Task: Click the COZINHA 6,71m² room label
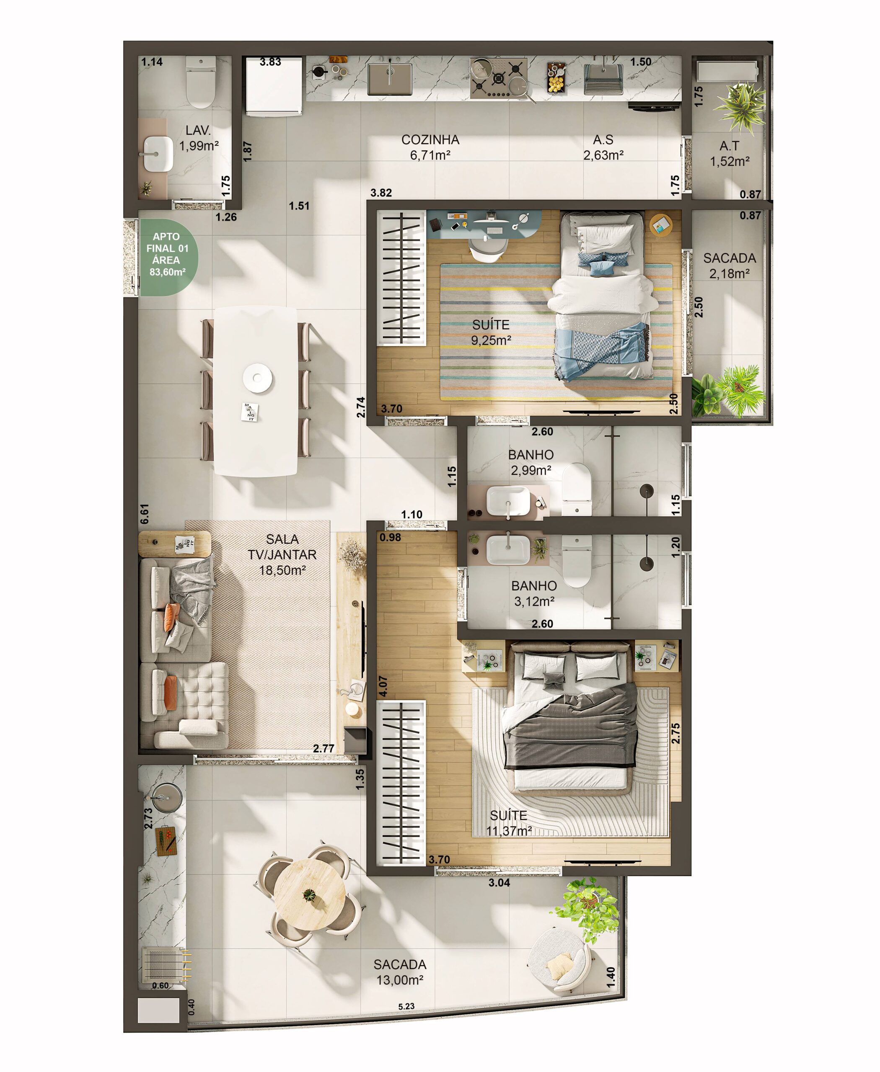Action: pyautogui.click(x=430, y=147)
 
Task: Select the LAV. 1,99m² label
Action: pyautogui.click(x=199, y=138)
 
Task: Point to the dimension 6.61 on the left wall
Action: pyautogui.click(x=145, y=514)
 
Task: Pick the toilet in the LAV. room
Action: pyautogui.click(x=201, y=82)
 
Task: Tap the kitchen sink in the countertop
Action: pyautogui.click(x=389, y=79)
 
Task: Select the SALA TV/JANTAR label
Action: pyautogui.click(x=282, y=555)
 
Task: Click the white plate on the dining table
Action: pyautogui.click(x=258, y=377)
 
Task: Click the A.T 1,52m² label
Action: pyautogui.click(x=730, y=154)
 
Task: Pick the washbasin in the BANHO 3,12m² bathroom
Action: pyautogui.click(x=508, y=550)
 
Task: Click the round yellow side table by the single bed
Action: pyautogui.click(x=661, y=224)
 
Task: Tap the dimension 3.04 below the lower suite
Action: pyautogui.click(x=500, y=883)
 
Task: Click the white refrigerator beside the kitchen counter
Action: pyautogui.click(x=274, y=86)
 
